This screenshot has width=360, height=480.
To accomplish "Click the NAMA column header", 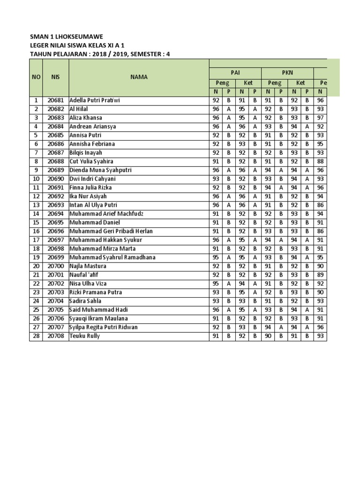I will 139,77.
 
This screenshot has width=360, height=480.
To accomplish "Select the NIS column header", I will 56,77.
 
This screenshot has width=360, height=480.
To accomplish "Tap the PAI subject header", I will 235,73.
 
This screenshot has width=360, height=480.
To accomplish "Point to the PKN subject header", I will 287,73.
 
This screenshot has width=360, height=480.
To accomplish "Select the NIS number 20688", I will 56,161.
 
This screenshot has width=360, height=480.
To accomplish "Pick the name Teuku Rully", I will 85,336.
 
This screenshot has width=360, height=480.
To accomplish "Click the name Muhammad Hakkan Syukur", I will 105,240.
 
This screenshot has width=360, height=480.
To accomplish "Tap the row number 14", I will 36,214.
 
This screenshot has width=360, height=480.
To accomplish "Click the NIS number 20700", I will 56,266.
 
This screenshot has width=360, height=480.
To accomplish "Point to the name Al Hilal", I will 79,109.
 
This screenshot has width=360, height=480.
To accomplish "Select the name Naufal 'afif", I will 84,275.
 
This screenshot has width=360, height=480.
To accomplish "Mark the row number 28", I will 36,336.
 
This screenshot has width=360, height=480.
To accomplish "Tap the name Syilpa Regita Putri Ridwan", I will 104,327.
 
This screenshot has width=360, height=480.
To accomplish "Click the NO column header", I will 36,77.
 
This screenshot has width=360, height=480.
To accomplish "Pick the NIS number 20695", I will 56,223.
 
